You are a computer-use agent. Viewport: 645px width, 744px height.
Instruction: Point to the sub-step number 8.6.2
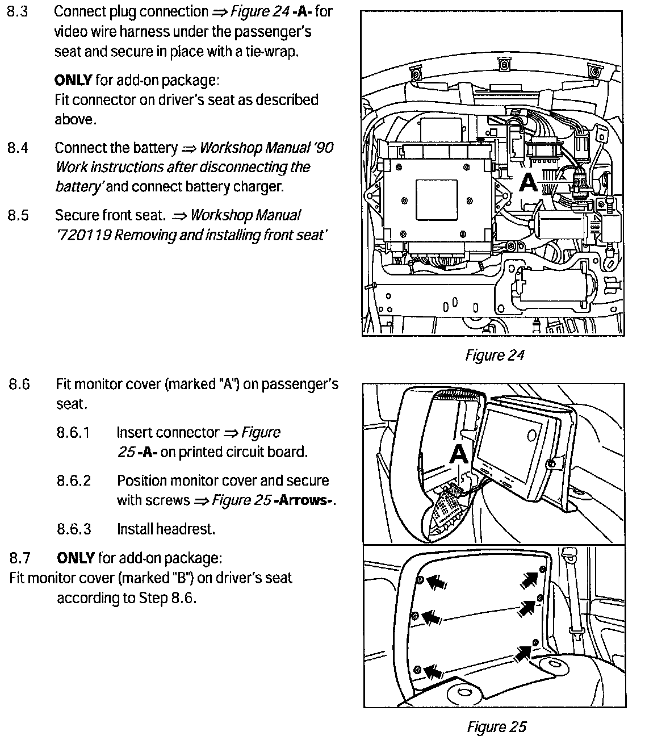pos(74,481)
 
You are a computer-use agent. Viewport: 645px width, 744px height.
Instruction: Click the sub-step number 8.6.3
pos(74,529)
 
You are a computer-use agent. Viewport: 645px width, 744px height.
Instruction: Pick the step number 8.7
pos(20,558)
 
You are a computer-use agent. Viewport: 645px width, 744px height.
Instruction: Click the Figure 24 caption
pos(494,356)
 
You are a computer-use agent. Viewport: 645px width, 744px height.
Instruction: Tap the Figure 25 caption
pos(496,727)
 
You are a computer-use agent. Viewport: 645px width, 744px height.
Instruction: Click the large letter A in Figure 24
pos(529,182)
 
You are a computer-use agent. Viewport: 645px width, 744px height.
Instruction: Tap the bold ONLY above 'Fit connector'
pos(74,80)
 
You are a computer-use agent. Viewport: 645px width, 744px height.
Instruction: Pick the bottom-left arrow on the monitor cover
pos(434,672)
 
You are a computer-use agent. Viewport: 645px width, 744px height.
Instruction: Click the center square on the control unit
pos(437,200)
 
